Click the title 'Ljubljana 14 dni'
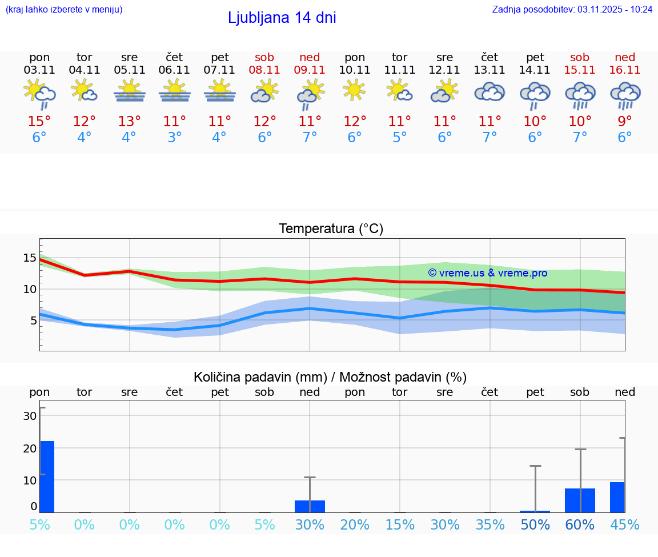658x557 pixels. tap(282, 18)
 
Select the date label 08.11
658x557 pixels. tap(264, 70)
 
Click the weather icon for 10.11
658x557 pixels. tap(354, 90)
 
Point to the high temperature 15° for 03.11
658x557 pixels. tap(39, 122)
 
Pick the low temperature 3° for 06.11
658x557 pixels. tap(174, 138)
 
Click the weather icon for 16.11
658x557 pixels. tap(625, 94)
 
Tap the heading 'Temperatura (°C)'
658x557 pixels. tap(331, 229)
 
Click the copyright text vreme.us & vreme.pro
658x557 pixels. tap(487, 273)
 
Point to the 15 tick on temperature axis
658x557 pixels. tap(30, 258)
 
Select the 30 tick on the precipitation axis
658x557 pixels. tap(30, 416)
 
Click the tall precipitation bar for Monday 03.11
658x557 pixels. tap(47, 476)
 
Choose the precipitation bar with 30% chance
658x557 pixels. tap(310, 506)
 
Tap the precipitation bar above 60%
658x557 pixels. tap(580, 500)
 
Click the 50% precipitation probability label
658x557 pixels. tap(535, 525)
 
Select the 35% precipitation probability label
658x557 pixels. tap(490, 525)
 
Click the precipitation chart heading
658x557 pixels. tap(330, 377)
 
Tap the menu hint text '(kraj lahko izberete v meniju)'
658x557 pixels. tap(64, 9)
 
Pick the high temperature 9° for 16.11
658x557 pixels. tap(625, 122)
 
